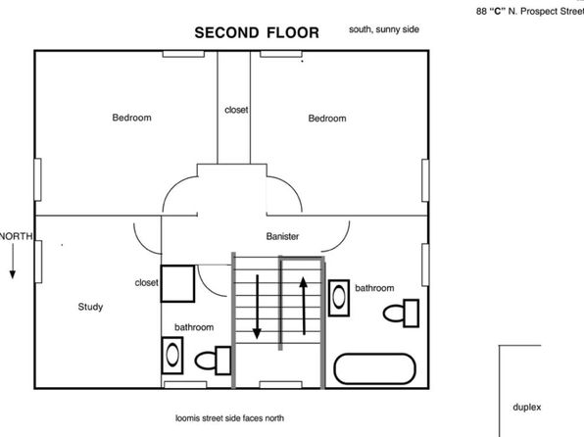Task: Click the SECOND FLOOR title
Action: pos(257,32)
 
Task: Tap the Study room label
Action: pos(90,307)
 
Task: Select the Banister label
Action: pos(282,236)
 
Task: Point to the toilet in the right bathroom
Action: pos(401,314)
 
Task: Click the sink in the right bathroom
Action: pos(339,298)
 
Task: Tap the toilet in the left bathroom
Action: pos(213,361)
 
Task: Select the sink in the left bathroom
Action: pos(172,356)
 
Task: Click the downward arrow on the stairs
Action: pos(257,307)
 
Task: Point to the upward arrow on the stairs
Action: pos(304,306)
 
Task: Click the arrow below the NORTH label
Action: pos(13,262)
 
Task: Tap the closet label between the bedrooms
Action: pos(236,110)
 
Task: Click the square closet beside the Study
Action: pos(177,283)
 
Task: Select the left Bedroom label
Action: pos(132,118)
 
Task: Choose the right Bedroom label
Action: pos(327,119)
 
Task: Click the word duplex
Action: pos(526,408)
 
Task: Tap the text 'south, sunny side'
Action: pos(384,29)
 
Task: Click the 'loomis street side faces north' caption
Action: pos(230,418)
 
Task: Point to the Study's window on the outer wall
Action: pos(38,262)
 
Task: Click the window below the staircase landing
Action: pos(281,385)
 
